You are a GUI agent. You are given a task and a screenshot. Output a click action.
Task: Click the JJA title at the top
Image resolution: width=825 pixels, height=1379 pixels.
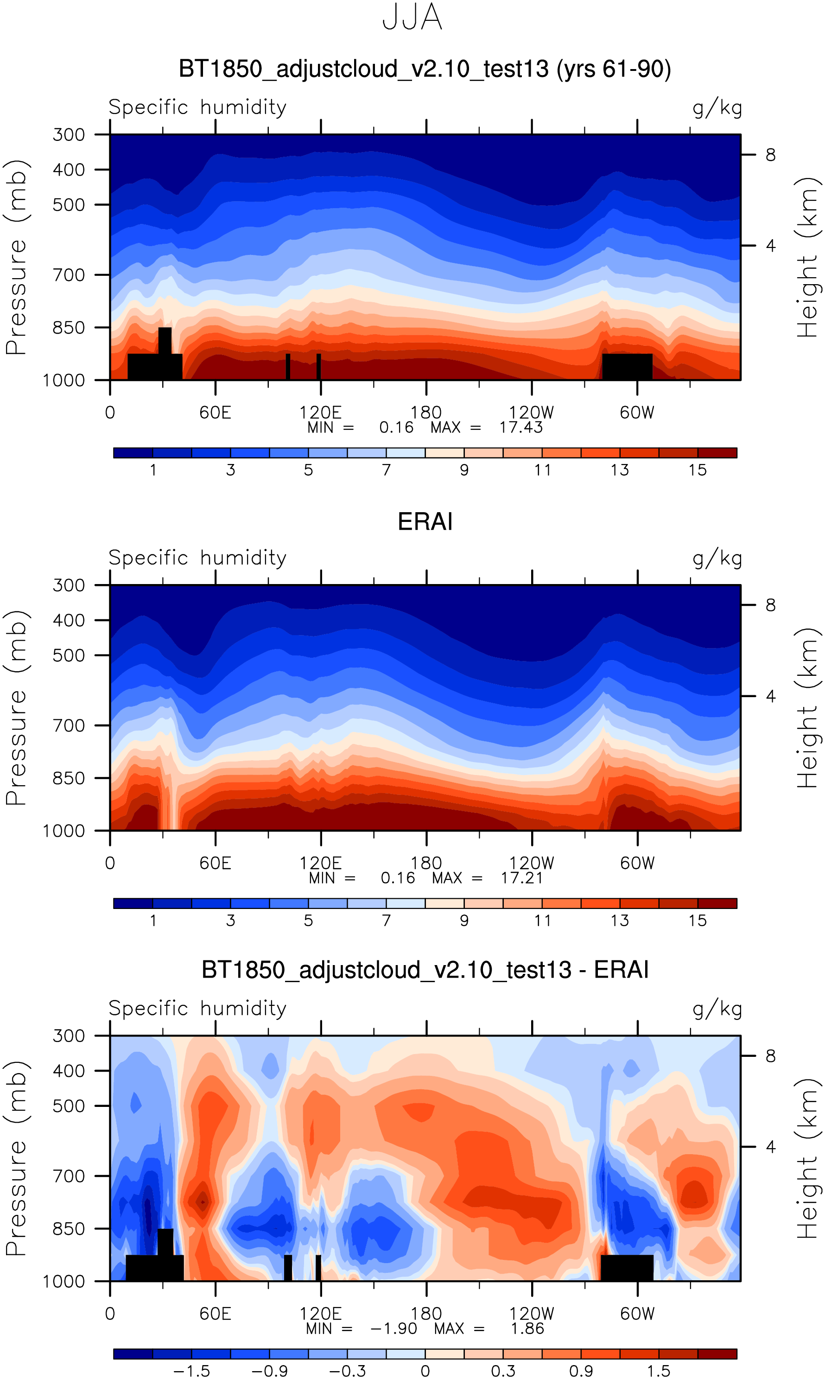point(412,18)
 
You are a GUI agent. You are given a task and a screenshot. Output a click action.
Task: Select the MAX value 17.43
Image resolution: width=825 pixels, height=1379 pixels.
point(520,427)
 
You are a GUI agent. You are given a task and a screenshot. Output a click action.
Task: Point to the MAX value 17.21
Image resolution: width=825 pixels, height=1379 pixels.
point(521,878)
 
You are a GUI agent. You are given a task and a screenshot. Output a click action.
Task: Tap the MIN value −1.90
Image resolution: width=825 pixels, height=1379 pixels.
point(393,1328)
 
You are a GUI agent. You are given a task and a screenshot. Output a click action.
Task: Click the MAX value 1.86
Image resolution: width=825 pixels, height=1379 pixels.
point(527,1328)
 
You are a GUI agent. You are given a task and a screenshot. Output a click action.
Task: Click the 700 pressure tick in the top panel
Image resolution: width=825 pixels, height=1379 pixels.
point(69,274)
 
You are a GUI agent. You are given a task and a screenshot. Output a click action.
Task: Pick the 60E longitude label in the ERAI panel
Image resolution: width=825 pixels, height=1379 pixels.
point(215,863)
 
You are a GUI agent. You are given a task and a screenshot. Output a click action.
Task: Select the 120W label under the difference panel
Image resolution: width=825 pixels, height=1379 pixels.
point(532,1314)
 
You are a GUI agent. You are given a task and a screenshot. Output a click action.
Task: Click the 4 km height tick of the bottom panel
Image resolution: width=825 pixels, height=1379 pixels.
point(770,1147)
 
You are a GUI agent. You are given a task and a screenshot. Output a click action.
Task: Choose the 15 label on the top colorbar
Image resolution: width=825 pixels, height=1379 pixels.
point(697,470)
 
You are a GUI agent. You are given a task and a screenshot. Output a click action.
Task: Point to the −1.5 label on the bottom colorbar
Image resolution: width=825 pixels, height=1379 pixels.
point(192,1371)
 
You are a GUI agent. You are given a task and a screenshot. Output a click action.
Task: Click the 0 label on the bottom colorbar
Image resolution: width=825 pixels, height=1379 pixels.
point(425,1371)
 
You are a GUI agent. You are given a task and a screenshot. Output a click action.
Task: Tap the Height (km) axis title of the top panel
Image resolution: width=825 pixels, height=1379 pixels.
point(808,257)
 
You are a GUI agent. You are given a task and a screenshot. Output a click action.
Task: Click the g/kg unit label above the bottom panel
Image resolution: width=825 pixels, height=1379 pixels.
point(717,1008)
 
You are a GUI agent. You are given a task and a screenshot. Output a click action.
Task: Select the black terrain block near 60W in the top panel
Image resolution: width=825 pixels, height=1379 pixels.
point(627,366)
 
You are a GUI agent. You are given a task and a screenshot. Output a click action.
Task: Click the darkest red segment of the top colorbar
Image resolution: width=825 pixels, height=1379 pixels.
point(717,452)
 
